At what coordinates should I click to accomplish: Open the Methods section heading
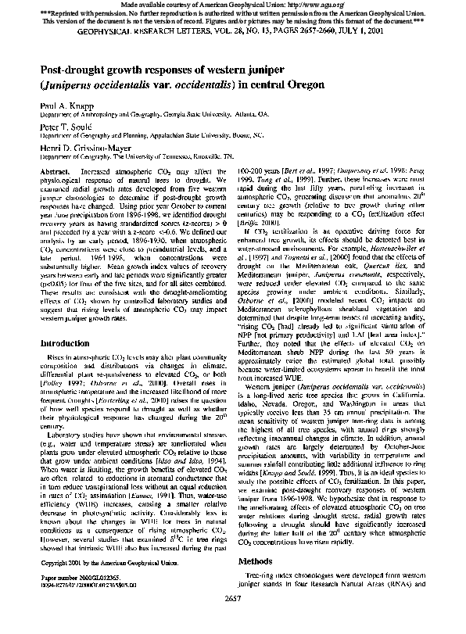(x=261, y=583)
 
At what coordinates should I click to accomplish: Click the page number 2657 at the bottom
(x=232, y=621)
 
